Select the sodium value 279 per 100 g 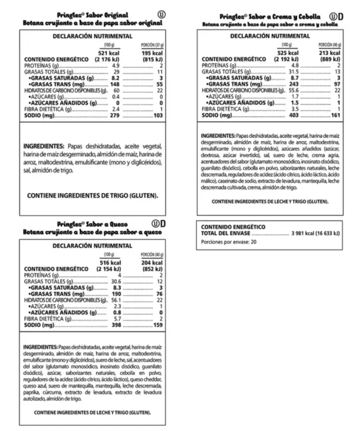click(114, 115)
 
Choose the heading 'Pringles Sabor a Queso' click(92, 224)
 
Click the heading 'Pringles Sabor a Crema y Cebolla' click(270, 17)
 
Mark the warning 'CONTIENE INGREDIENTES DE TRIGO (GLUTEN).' click(93, 195)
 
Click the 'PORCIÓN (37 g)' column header click(152, 45)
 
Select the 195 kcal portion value click(152, 54)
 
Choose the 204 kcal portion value click(152, 263)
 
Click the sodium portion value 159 click(157, 325)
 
